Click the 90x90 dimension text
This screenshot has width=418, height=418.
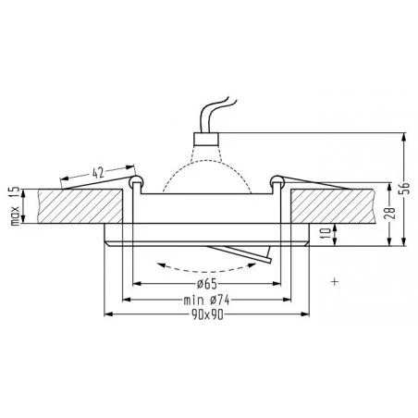(x=207, y=315)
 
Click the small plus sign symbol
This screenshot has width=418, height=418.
(x=332, y=279)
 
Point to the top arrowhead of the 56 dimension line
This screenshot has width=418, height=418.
(x=406, y=136)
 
